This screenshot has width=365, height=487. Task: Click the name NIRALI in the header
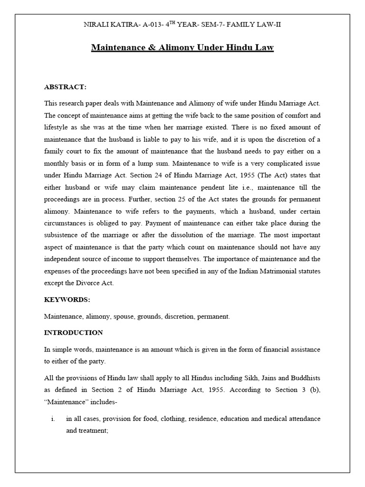96,24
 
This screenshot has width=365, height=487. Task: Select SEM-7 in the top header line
213,24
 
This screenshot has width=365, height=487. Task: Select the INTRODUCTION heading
73,332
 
